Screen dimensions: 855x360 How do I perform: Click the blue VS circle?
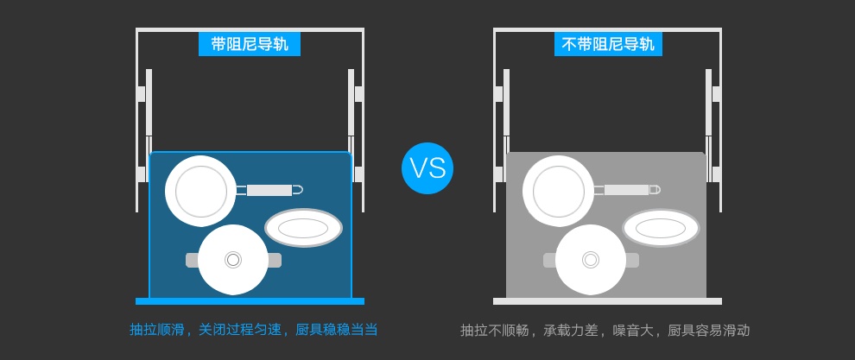point(427,167)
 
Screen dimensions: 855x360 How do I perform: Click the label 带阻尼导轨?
point(250,44)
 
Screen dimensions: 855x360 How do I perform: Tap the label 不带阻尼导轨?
point(608,44)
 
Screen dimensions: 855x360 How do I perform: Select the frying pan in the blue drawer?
point(200,191)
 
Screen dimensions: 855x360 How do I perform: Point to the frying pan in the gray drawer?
point(558,191)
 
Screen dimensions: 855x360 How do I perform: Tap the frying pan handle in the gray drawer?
point(627,190)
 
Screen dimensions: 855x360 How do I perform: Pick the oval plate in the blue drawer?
point(303,228)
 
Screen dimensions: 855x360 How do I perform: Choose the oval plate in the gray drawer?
point(661,228)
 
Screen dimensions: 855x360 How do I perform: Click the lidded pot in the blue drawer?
point(233,259)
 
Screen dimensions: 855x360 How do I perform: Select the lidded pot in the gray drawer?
point(591,259)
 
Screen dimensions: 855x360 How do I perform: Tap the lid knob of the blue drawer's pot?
point(233,259)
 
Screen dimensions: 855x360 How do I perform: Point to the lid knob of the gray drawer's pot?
point(591,259)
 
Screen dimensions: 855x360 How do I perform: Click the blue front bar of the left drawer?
point(250,301)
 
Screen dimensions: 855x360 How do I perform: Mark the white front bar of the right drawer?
point(607,301)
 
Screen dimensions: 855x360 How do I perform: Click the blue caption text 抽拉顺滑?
point(157,330)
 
